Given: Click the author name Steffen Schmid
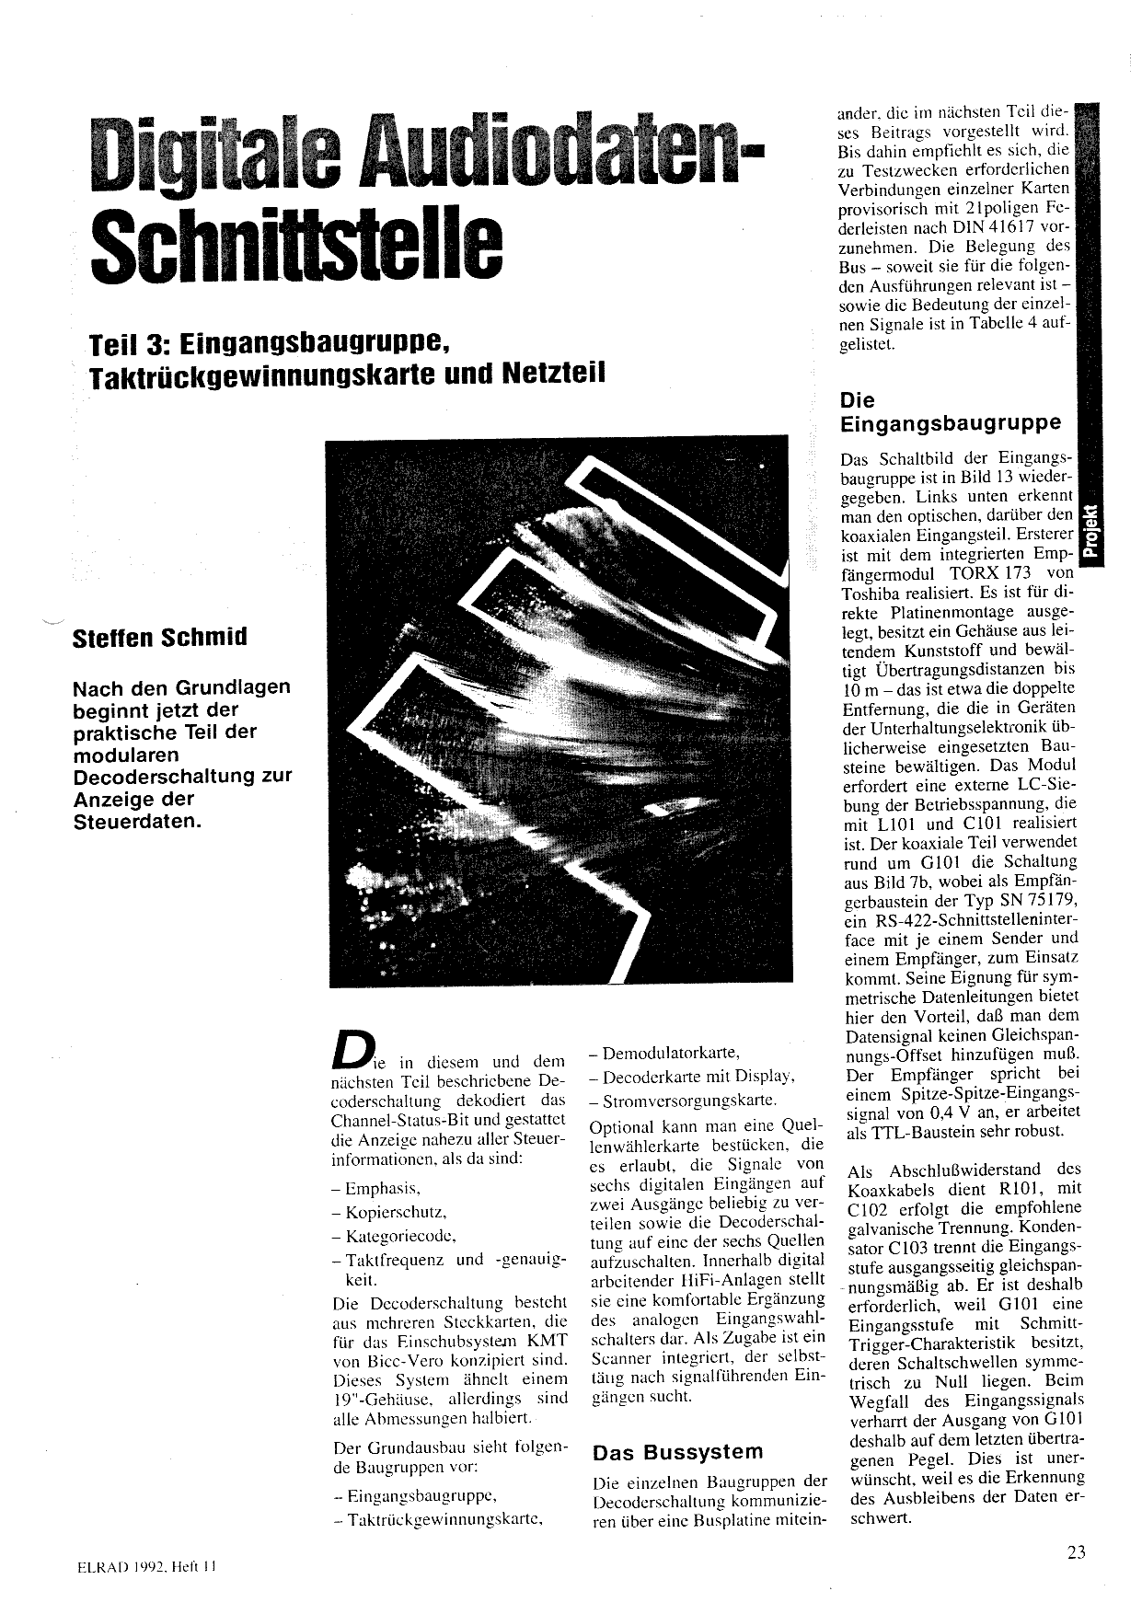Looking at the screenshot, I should click(159, 638).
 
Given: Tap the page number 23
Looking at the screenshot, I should click(1077, 1551).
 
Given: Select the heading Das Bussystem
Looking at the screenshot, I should click(678, 1452).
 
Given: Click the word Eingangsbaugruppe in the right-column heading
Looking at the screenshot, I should click(951, 423).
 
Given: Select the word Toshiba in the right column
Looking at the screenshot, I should click(873, 592).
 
